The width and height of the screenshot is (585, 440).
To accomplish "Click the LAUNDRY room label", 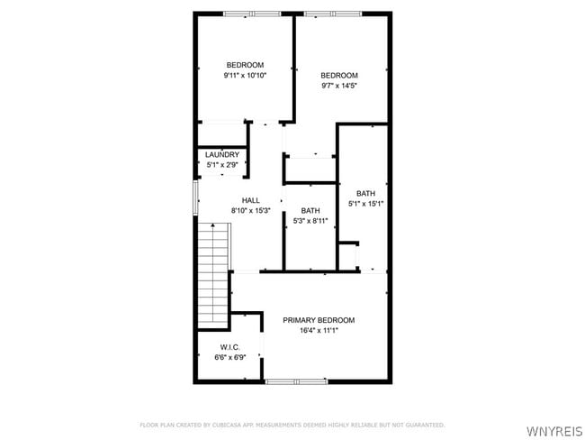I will (x=222, y=154).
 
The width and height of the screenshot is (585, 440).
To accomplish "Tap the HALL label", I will (x=250, y=200).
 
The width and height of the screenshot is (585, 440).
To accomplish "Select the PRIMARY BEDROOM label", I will (x=319, y=320).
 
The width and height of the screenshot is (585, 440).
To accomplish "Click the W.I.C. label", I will (x=229, y=347).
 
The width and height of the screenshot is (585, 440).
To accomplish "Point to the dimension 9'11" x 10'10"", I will (x=245, y=76).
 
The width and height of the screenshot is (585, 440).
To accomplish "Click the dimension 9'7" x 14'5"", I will (x=339, y=86).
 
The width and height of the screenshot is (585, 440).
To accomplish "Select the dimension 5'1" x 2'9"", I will (x=222, y=165).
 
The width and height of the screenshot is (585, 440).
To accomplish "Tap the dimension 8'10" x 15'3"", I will (x=250, y=211).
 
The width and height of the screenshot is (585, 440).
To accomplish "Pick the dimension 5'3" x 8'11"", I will (x=310, y=221).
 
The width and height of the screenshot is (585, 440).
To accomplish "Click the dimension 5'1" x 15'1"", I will (x=365, y=204).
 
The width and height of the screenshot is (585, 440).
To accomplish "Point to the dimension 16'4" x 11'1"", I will (x=319, y=331).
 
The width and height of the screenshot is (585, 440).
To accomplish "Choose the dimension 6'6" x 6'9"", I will (x=229, y=358).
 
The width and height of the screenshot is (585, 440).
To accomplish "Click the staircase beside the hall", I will (x=214, y=274).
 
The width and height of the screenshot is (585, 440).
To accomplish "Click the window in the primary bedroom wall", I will (x=296, y=381).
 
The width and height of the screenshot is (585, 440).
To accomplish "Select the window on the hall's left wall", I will (x=196, y=197).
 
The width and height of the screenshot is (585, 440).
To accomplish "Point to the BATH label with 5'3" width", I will (x=310, y=210).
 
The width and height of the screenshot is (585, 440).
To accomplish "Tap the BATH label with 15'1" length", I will (x=365, y=193).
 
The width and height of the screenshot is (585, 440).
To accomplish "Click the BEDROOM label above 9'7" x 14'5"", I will (x=339, y=75).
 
